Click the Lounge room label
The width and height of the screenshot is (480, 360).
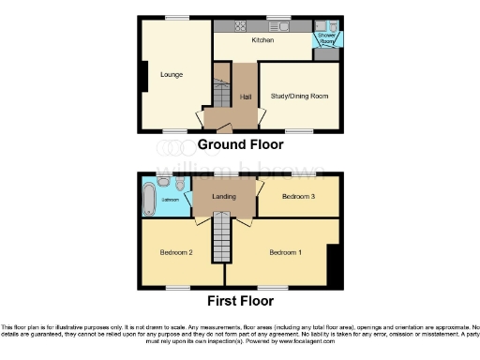[171, 74]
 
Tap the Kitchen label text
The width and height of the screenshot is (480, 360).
[262, 42]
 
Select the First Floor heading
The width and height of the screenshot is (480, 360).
[240, 302]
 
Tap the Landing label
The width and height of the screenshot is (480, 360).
[225, 196]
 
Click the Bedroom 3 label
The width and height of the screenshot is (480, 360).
[298, 196]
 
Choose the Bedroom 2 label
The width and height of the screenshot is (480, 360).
[175, 253]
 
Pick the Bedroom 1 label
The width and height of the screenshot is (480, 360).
[286, 253]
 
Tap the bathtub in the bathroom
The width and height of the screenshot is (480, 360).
[150, 198]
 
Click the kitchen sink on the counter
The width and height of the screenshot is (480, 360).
[281, 26]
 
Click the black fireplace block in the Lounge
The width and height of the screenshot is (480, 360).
[144, 76]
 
